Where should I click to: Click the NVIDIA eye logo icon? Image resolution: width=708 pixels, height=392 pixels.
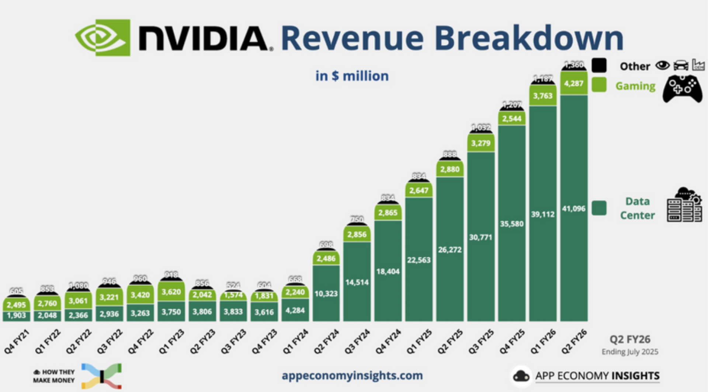[x=103, y=38]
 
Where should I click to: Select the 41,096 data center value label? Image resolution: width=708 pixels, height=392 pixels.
[x=573, y=209]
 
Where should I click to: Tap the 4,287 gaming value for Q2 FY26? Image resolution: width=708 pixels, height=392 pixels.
[x=573, y=83]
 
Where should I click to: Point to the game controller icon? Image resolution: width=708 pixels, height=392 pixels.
[x=682, y=89]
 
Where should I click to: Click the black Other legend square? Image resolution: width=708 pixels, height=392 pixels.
[x=599, y=65]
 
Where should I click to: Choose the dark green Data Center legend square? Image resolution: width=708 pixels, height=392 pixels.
[x=599, y=208]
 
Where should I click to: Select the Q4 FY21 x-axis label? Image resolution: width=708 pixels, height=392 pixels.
[x=17, y=342]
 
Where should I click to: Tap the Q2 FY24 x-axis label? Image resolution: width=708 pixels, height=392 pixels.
[x=326, y=342]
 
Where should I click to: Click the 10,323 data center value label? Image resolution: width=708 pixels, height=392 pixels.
[x=326, y=294]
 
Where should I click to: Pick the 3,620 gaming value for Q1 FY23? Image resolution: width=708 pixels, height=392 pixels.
[x=171, y=292]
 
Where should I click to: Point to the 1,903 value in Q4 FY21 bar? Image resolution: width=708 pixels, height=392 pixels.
[x=16, y=316]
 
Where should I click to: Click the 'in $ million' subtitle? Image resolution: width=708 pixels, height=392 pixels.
[x=352, y=76]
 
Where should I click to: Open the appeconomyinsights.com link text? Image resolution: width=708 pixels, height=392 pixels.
[x=352, y=376]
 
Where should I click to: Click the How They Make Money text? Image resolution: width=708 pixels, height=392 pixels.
[x=54, y=376]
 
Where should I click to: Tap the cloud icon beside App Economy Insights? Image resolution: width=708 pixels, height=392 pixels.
[x=521, y=376]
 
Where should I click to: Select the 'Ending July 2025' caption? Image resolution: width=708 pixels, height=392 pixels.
[x=629, y=352]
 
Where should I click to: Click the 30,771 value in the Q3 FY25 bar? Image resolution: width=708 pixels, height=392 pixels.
[x=480, y=237]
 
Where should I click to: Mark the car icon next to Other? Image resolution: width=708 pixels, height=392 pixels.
[x=681, y=66]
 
